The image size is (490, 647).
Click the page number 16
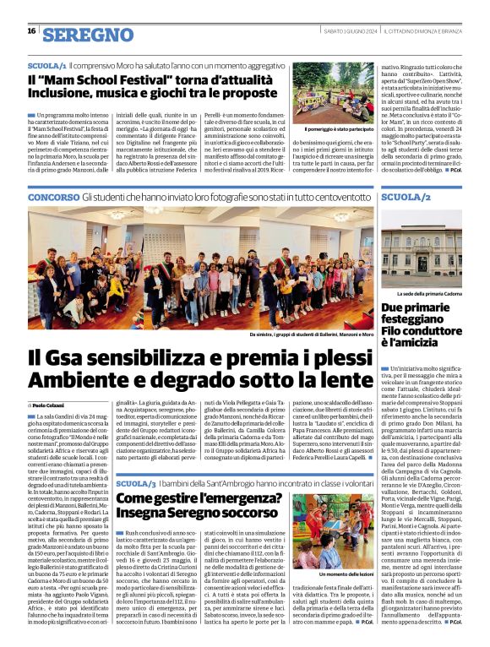coord(30,31)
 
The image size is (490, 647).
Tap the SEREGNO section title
coord(88,35)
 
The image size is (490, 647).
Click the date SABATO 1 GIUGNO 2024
coord(348,31)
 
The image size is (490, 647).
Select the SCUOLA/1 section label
coord(47,65)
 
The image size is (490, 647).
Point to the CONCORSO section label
coord(52,197)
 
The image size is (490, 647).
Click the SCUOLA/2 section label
coord(406,197)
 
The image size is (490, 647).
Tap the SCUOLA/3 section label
coord(135,483)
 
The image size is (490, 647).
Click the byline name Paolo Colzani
coord(51,407)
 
